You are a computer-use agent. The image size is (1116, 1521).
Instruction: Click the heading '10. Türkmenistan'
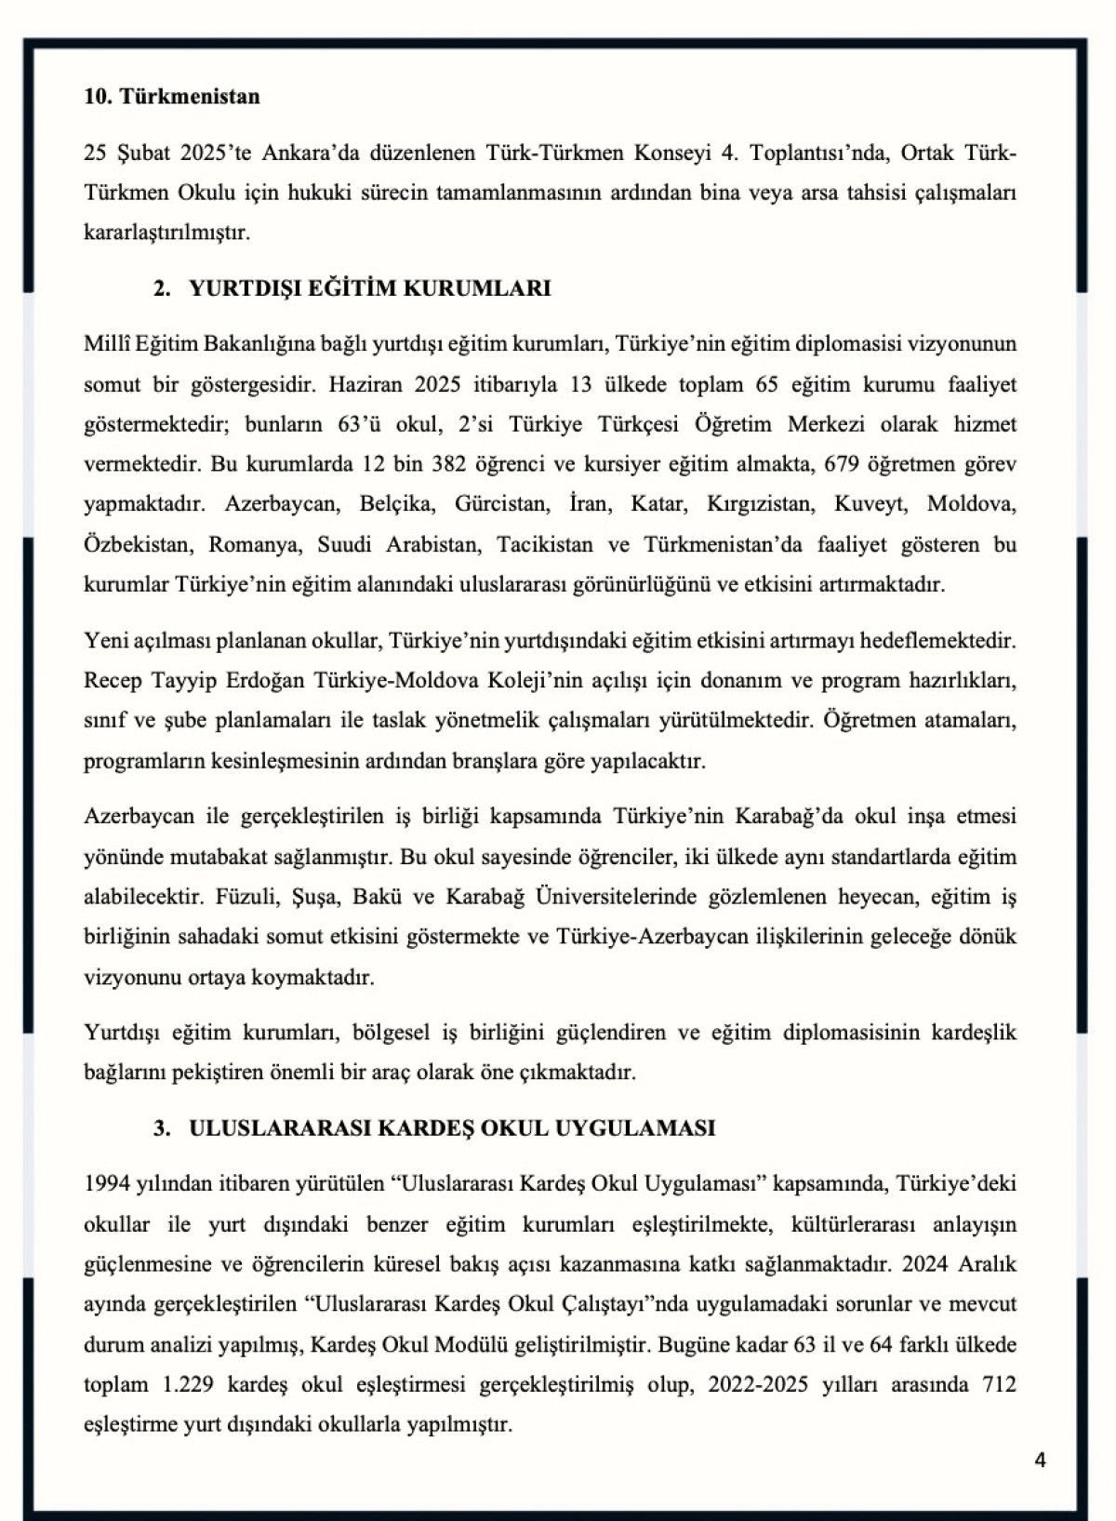172,97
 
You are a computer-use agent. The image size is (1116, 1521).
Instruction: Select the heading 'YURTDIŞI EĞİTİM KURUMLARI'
369,288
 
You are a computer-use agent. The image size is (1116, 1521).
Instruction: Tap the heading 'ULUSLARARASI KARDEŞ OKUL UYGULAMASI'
452,1128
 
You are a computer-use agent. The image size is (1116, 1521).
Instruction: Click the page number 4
1040,1461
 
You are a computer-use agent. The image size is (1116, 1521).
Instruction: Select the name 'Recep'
112,680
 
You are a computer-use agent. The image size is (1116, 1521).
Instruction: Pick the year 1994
106,1184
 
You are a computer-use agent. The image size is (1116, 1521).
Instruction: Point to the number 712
999,1384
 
